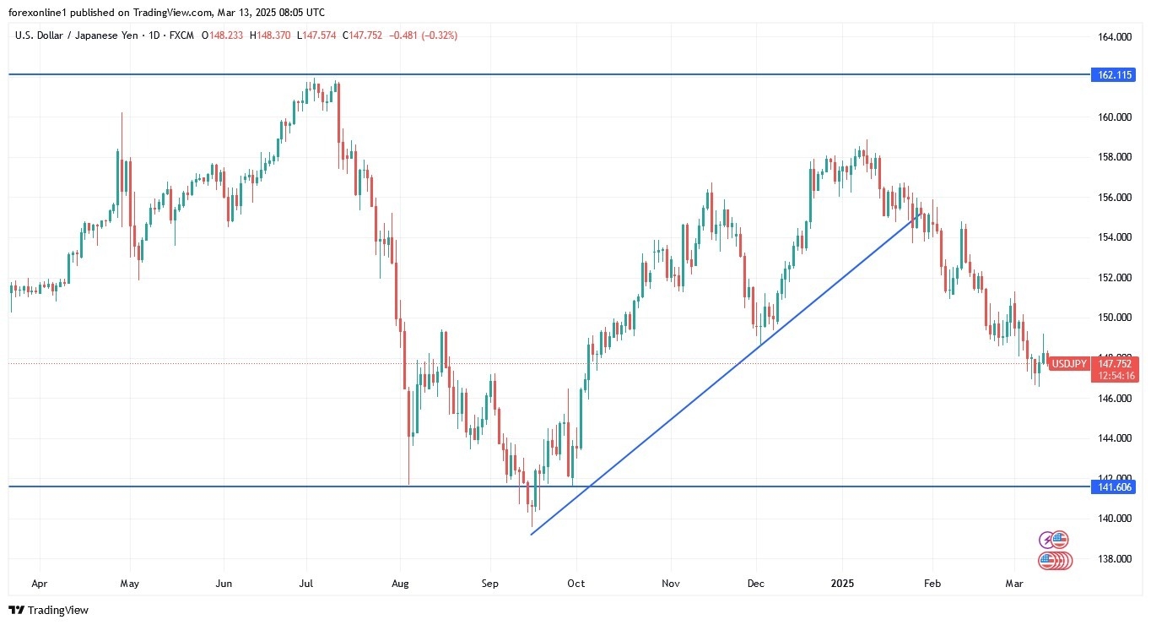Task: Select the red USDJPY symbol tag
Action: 1068,364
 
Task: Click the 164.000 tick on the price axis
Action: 1114,37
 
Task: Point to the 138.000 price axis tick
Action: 1114,559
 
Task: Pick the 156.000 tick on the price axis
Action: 1114,198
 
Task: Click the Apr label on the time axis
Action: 39,584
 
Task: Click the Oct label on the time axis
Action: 575,584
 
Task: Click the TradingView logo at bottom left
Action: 48,610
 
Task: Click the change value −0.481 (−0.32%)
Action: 424,35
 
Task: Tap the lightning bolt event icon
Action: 1048,539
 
